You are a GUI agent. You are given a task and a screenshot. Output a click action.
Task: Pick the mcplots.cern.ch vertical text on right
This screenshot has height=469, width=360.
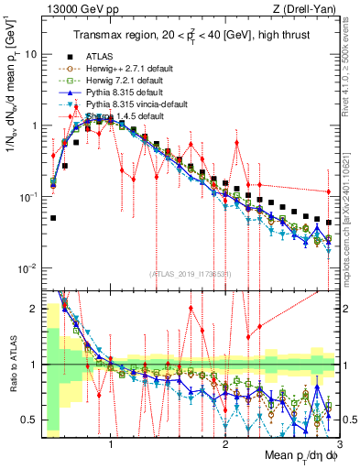pyautogui.click(x=351, y=238)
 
